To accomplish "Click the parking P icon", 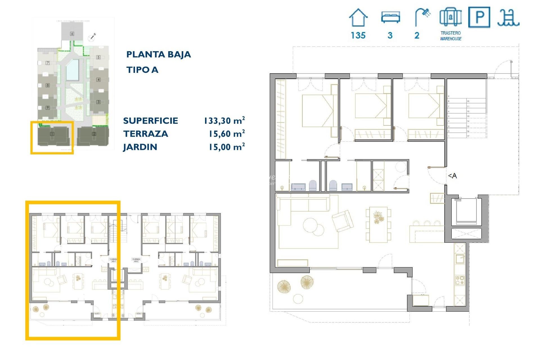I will coord(479,17).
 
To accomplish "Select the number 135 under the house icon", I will coord(358,35).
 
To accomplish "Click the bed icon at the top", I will coord(390,17).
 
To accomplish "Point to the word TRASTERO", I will coord(451,33).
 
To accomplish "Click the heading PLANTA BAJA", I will coord(159,54).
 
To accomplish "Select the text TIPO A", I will coord(142,70).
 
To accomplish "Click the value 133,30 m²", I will coord(224,121).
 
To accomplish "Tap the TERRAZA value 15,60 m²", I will coord(226,134).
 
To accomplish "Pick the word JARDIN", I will coord(140,147).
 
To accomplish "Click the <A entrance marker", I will coord(452,176).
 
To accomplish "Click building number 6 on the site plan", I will coord(72,34).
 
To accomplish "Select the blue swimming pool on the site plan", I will coord(72,69).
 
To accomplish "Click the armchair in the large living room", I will coord(343,221).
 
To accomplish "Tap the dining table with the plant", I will coord(378,224).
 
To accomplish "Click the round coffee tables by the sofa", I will coord(313,227).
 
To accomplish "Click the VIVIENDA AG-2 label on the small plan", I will coord(136,260).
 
